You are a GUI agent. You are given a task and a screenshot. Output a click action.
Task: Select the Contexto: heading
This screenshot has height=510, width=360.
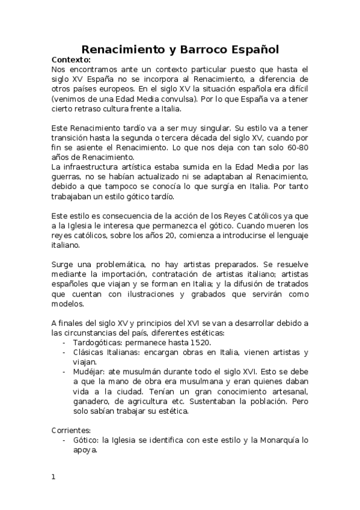[71, 60]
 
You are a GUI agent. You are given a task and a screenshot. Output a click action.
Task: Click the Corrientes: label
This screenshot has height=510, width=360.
[72, 431]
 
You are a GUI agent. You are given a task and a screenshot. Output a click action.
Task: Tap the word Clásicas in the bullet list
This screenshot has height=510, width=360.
[88, 352]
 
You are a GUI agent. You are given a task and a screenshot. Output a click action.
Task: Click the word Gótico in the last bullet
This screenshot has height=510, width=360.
[85, 440]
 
